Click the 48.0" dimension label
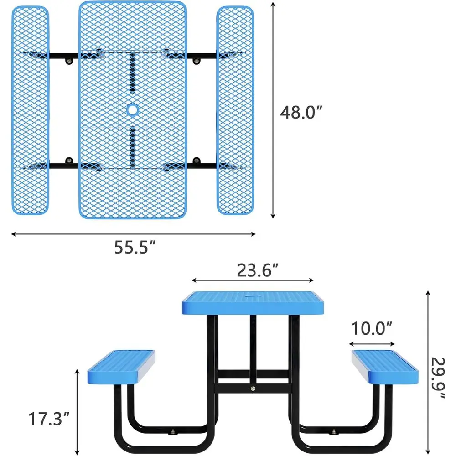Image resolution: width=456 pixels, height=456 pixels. click(x=301, y=112)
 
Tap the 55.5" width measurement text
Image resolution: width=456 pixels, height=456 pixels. click(x=135, y=247)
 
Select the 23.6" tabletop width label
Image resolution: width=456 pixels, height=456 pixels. click(x=258, y=270)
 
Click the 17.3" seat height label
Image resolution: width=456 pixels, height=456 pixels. click(x=49, y=419)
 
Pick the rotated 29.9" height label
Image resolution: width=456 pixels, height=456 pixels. click(x=438, y=378)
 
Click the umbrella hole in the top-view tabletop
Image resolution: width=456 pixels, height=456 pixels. click(x=133, y=109)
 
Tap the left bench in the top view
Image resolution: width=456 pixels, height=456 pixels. click(x=30, y=110)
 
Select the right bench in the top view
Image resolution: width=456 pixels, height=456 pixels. click(x=235, y=110)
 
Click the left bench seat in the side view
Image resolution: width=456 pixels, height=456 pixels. click(x=121, y=367)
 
